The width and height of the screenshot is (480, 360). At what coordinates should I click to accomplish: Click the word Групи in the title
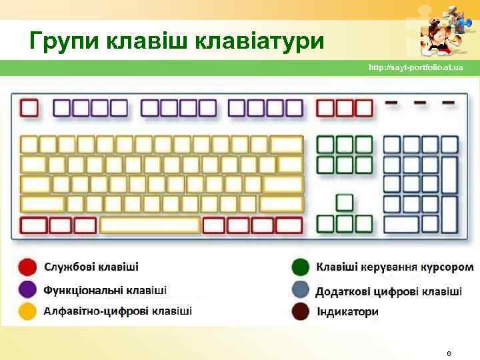62,42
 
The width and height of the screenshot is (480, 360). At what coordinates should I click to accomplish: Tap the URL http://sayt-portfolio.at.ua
415,68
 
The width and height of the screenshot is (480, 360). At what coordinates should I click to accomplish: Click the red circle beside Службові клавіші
27,267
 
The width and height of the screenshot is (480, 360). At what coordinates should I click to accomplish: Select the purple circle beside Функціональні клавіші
27,289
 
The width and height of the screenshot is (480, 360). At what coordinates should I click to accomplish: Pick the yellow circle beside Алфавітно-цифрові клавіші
27,311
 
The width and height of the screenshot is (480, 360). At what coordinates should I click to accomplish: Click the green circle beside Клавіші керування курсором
301,267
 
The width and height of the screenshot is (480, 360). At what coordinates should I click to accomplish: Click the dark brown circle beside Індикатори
301,311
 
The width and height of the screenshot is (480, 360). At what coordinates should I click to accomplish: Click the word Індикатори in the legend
347,311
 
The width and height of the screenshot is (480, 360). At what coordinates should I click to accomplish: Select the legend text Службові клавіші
91,267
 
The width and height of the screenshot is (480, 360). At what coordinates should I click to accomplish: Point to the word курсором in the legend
447,267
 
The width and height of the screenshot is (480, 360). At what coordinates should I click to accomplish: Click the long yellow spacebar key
150,225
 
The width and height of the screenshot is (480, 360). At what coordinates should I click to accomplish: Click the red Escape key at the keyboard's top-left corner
29,108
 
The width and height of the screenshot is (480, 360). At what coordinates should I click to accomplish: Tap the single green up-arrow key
345,202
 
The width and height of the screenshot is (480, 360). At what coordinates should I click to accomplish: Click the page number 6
449,352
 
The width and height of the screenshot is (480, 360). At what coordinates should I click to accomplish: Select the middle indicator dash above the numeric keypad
420,103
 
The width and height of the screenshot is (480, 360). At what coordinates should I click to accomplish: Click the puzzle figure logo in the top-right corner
442,30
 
